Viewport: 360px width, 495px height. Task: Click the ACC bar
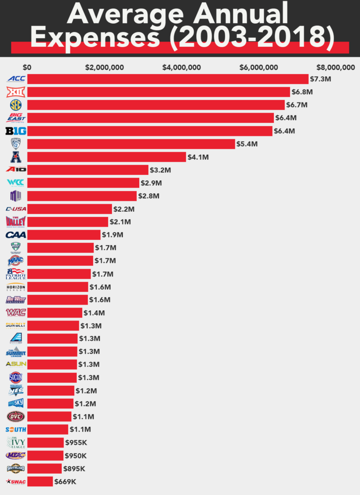point(168,79)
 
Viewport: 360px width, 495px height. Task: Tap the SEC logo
point(15,105)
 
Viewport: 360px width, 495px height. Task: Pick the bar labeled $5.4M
point(131,144)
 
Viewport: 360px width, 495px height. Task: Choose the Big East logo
point(15,118)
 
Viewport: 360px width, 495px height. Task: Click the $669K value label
point(65,481)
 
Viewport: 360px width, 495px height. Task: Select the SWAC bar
point(40,481)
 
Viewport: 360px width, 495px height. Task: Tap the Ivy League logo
point(15,442)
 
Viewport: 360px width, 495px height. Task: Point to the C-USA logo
point(15,209)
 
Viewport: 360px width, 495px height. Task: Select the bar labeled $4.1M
point(107,157)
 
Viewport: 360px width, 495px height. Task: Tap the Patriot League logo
point(15,274)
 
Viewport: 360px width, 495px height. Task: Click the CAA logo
point(15,235)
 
